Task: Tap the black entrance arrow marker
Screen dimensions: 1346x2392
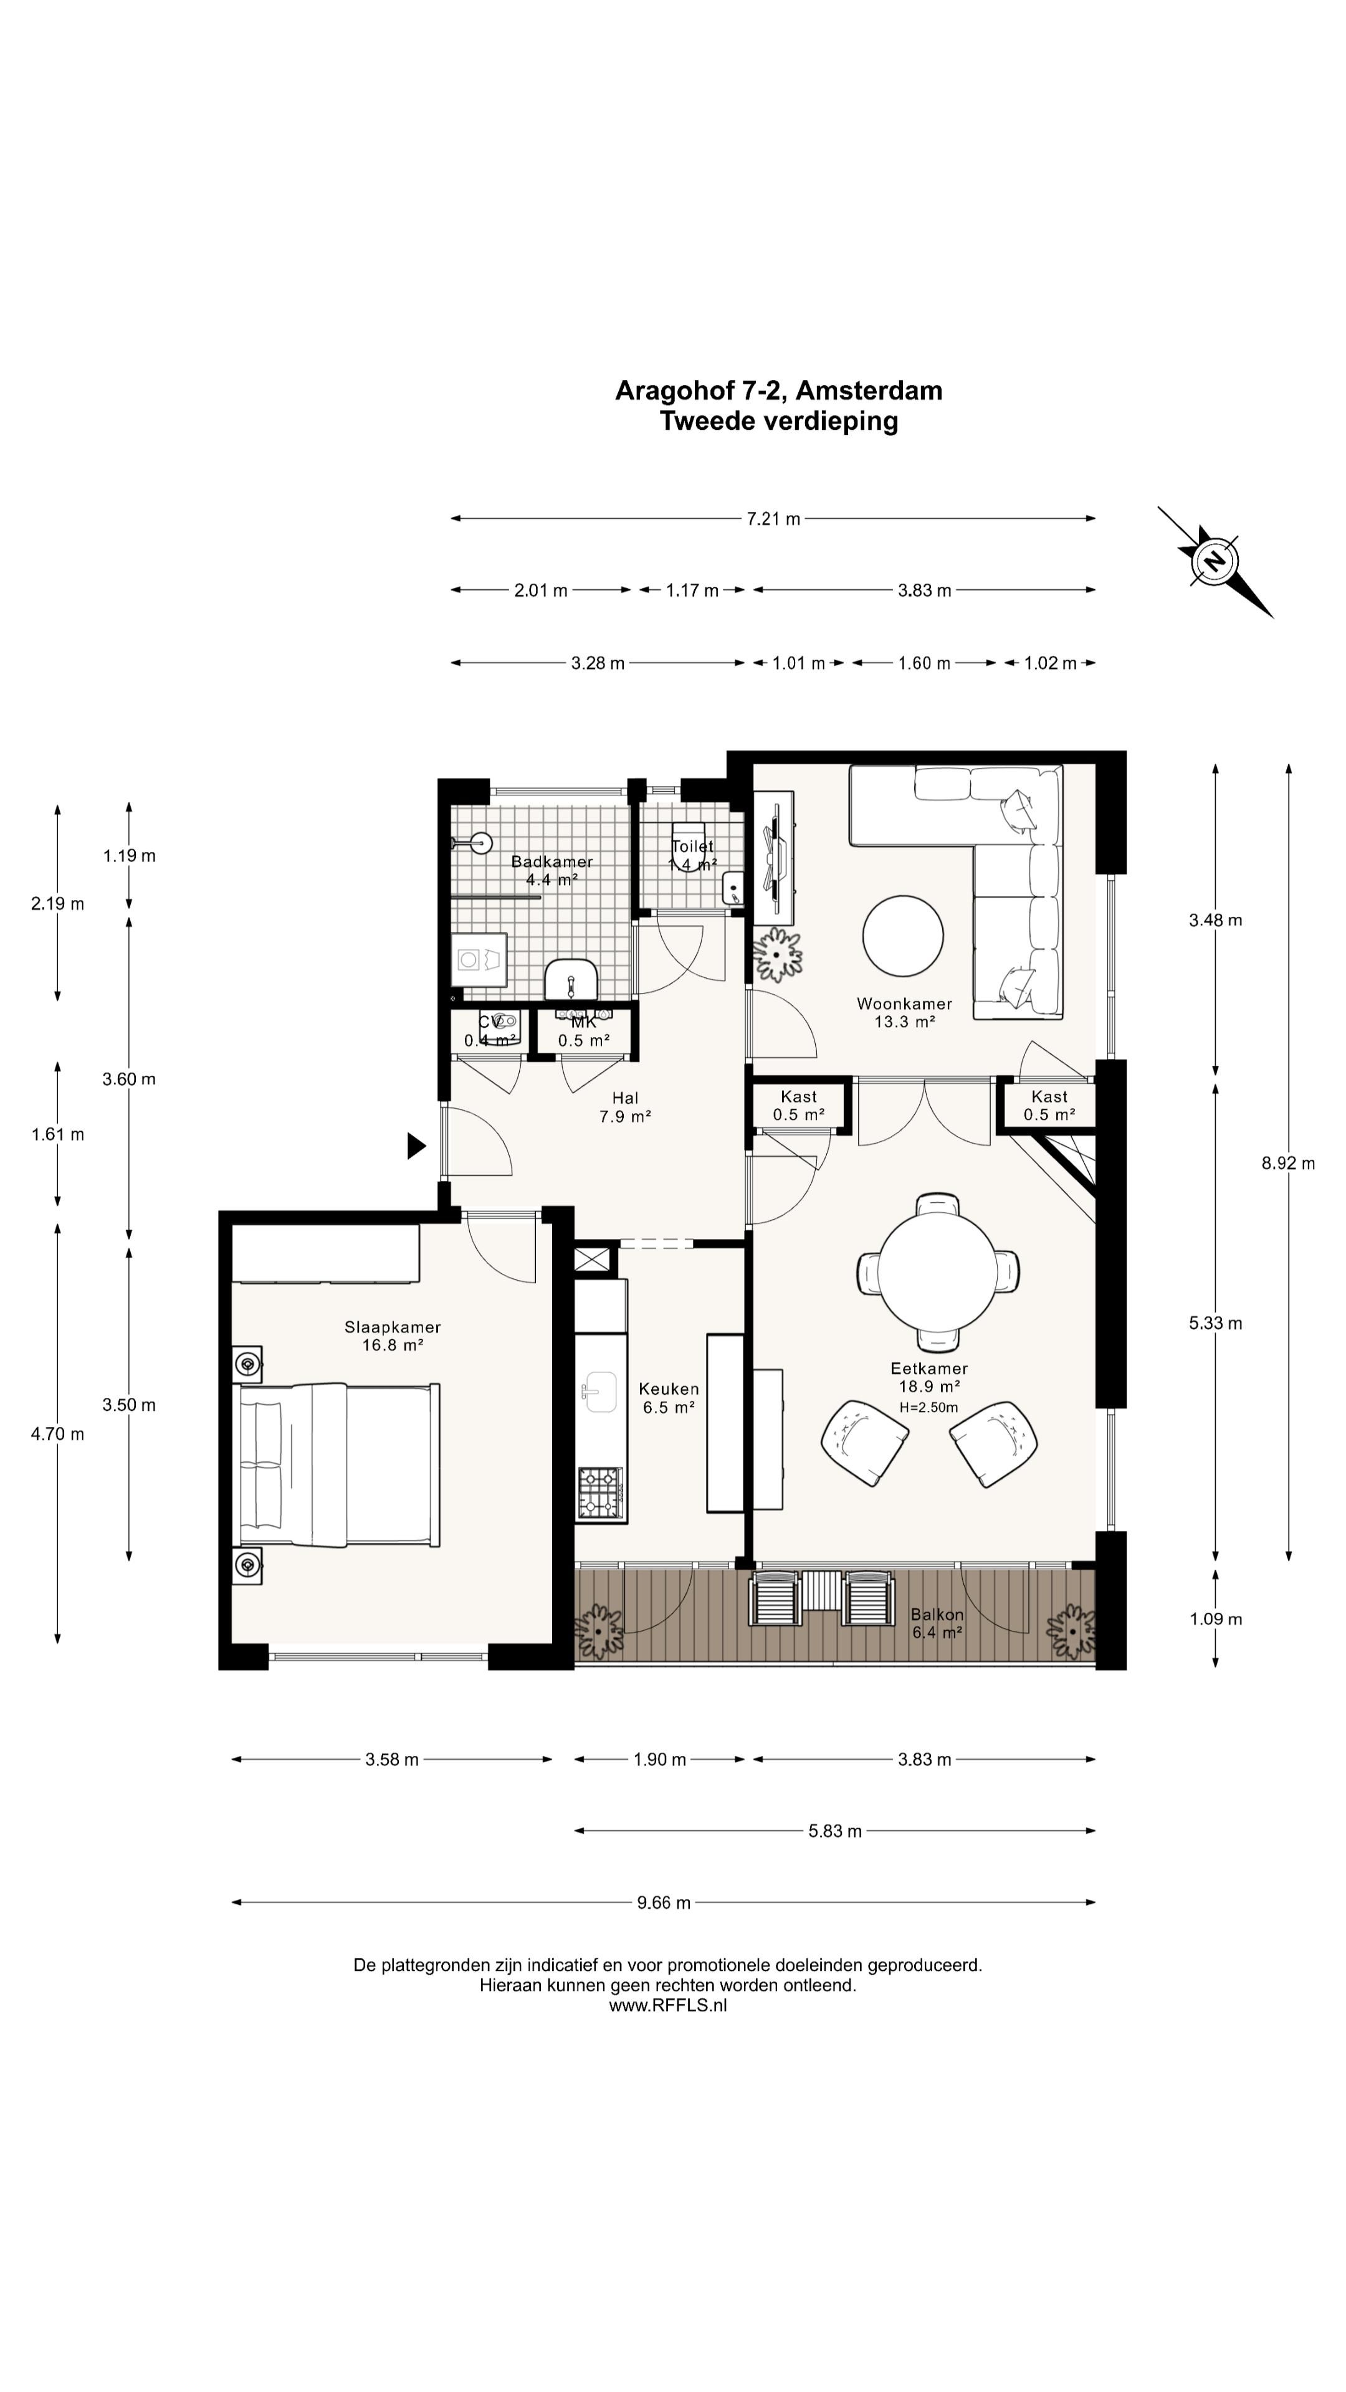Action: [x=416, y=1146]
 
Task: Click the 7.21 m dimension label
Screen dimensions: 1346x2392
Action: [x=773, y=518]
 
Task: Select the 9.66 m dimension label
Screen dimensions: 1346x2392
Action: [x=663, y=1902]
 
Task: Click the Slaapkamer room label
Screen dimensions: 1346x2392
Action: [x=392, y=1327]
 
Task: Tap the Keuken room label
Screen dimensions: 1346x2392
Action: [x=669, y=1388]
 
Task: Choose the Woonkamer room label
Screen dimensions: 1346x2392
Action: [x=904, y=1003]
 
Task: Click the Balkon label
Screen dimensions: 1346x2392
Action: [x=937, y=1615]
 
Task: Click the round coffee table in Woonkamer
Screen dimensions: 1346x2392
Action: [x=903, y=935]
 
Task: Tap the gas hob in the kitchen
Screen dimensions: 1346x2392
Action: [x=600, y=1493]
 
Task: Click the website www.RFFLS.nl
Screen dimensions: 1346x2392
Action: [x=668, y=2005]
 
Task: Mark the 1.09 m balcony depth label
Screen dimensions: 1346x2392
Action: [x=1215, y=1618]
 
